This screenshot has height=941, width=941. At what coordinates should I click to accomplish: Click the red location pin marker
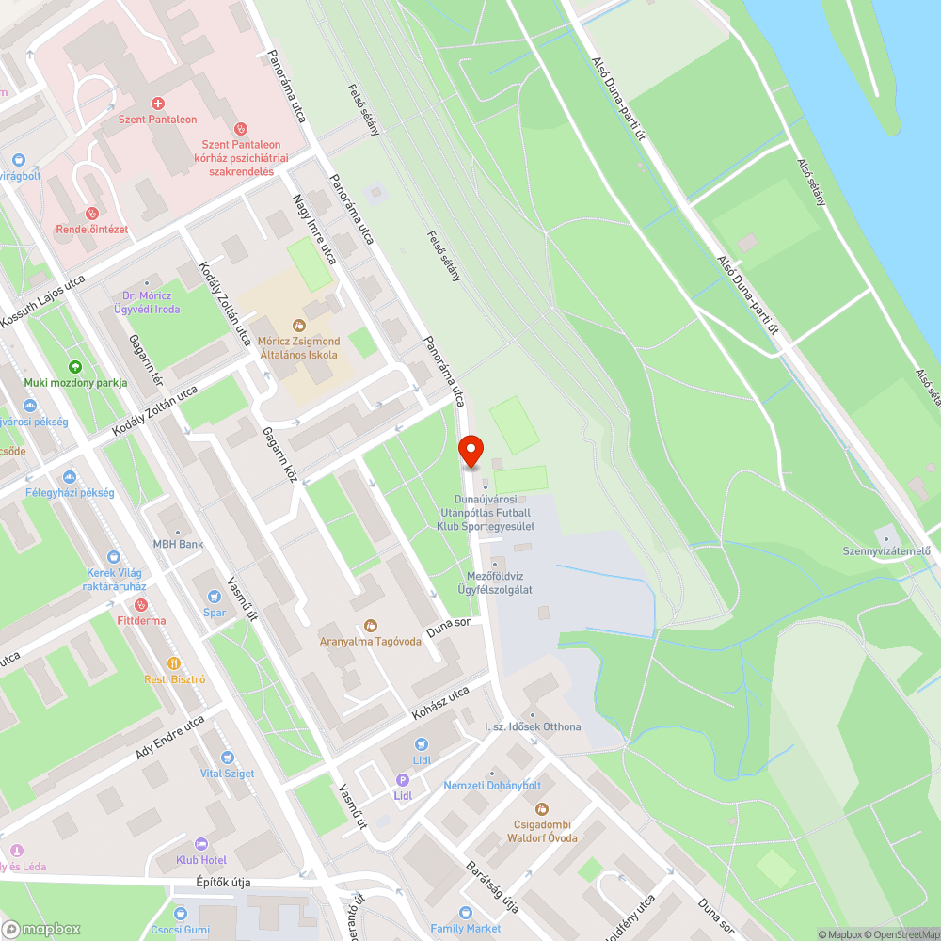(470, 451)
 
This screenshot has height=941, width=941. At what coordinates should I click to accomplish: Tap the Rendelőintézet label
(91, 229)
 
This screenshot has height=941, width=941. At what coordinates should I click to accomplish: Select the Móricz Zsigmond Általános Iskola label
(299, 347)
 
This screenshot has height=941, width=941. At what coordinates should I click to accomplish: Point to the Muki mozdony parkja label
(75, 383)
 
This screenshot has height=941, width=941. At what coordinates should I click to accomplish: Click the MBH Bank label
(179, 544)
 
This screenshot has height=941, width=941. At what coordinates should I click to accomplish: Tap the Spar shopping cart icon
(215, 596)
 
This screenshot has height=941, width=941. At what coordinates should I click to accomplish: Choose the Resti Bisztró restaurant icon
(174, 662)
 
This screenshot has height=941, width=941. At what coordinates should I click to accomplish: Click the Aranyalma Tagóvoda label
(370, 643)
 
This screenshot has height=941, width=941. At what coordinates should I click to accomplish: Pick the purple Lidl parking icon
(403, 780)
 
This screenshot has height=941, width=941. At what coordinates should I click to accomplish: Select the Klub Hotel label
(200, 860)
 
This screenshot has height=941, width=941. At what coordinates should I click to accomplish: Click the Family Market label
(466, 928)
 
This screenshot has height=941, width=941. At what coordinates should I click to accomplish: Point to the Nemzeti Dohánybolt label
(492, 785)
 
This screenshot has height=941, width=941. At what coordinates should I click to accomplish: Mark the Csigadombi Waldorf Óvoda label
(540, 831)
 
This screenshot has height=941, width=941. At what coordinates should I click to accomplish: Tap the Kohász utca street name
(439, 705)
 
